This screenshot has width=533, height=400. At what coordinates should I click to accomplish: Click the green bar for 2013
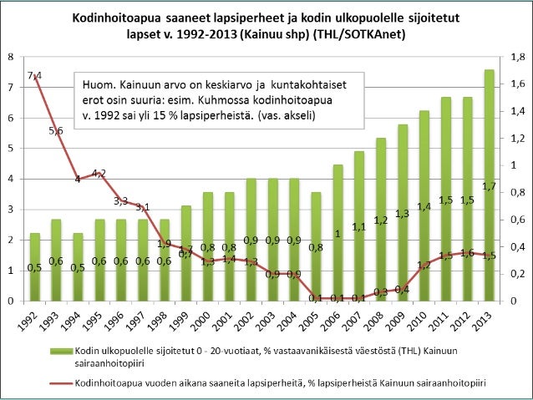point(490,185)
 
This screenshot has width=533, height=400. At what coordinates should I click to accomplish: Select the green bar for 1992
point(35,266)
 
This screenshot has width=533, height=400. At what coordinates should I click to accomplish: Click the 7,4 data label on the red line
point(35,76)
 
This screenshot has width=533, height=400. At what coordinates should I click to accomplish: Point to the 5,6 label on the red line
point(57,131)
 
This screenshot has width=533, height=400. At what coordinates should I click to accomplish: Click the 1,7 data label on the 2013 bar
point(490,186)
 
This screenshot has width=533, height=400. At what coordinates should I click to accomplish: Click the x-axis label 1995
point(95,319)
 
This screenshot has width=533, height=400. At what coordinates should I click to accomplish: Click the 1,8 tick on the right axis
point(517,57)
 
